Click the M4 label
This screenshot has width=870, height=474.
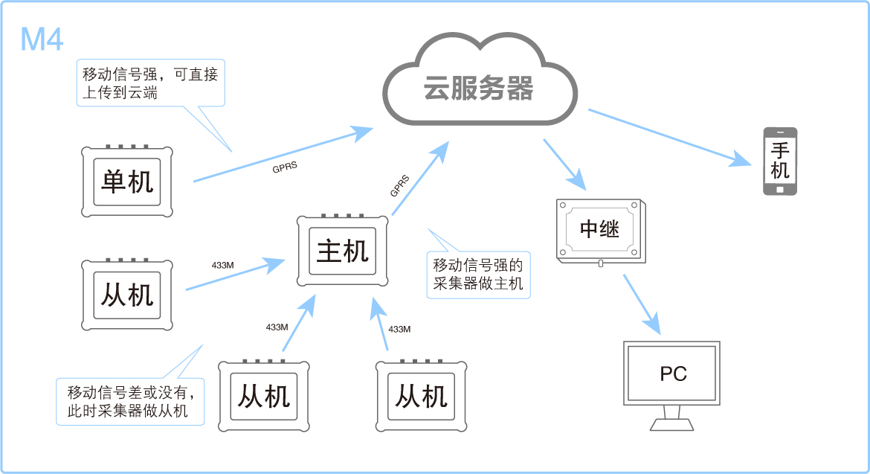[42, 39]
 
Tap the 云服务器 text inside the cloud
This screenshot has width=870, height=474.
[478, 89]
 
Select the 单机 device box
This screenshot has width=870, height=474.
[127, 182]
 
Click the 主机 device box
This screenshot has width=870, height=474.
[343, 252]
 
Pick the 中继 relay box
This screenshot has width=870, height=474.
[599, 229]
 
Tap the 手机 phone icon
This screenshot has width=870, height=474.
[780, 161]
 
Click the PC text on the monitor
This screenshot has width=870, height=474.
[673, 374]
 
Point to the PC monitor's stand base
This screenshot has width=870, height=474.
[672, 424]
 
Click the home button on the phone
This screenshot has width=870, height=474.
[780, 189]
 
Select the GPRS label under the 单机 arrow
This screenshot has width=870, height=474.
[285, 167]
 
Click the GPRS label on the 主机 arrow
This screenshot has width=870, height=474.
[399, 186]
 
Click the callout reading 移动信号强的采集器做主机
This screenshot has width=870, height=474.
[478, 274]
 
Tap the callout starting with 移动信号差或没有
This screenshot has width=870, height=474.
[131, 402]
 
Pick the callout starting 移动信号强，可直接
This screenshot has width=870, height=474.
[149, 83]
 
